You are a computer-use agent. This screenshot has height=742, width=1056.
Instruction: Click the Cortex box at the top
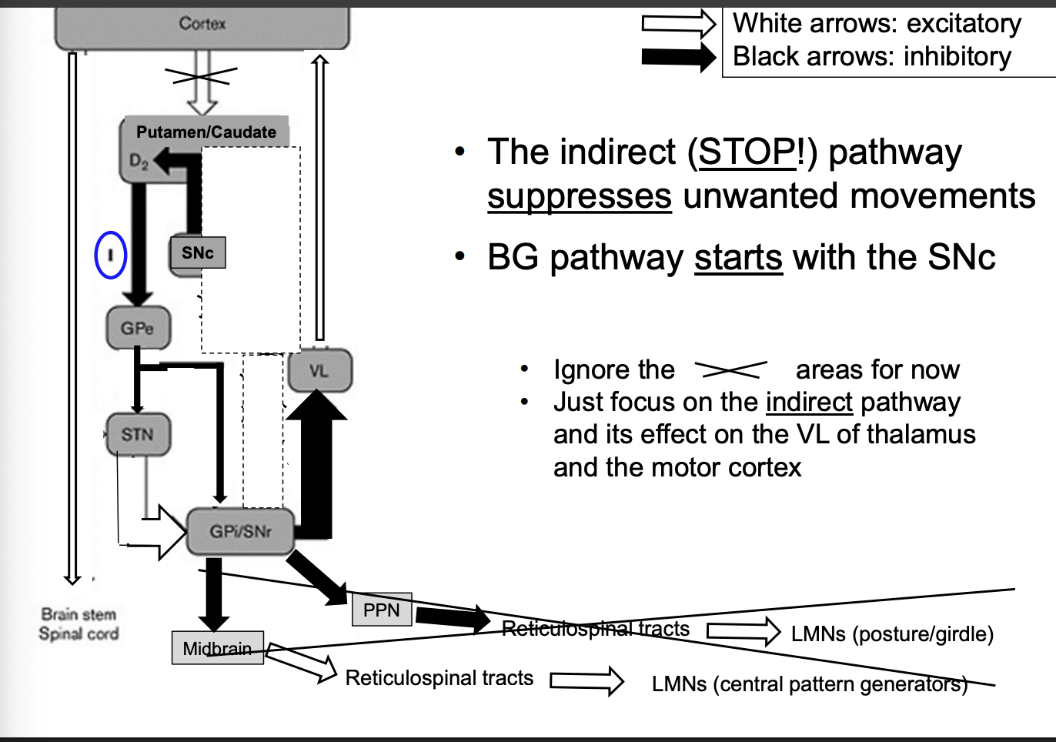[202, 25]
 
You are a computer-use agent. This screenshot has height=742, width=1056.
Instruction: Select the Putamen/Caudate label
[206, 132]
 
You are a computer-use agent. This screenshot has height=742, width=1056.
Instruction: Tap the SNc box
[198, 252]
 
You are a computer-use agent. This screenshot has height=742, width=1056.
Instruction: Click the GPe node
[138, 328]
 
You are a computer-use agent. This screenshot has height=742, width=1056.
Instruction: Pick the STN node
[138, 434]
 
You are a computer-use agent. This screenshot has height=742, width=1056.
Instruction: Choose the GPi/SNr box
[240, 531]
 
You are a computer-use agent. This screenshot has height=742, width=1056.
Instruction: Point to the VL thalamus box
[319, 371]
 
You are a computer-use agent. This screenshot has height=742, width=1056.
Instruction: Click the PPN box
[382, 610]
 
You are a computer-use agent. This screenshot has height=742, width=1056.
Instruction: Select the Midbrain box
[217, 648]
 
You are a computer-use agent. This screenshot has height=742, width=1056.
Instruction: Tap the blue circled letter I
[110, 255]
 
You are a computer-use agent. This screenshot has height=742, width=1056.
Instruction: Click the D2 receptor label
[139, 161]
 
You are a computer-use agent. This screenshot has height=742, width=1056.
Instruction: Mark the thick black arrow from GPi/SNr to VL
[316, 462]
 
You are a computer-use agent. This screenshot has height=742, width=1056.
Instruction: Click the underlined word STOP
[747, 152]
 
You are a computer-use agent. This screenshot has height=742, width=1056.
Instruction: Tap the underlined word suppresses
[579, 196]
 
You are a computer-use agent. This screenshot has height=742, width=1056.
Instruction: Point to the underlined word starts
[737, 257]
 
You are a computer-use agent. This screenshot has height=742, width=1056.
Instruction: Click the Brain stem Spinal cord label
[79, 624]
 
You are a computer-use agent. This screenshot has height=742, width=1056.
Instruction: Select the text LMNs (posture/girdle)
[892, 633]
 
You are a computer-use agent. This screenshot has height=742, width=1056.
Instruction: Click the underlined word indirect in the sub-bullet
[808, 402]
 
